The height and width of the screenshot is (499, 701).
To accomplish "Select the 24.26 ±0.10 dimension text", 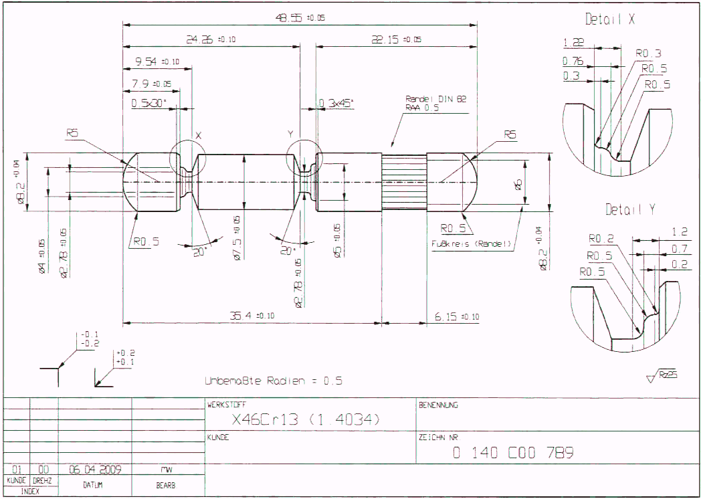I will tap(210, 40).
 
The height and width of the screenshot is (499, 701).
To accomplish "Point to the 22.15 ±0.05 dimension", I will tap(396, 40).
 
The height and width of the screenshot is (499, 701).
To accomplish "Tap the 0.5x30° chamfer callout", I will tap(148, 103).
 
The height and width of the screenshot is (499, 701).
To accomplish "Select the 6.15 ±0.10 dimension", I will tap(456, 316).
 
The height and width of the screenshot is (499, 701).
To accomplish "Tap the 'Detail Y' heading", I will tap(630, 209).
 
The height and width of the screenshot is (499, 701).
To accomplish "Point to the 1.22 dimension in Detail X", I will tap(573, 43).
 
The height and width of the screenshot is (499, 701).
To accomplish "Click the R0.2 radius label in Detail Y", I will tap(601, 238).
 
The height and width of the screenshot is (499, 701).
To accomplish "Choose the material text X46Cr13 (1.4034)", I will tap(306, 420).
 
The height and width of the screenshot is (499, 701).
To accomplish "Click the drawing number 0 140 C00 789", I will tap(513, 453).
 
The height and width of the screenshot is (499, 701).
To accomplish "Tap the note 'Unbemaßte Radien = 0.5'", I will tap(274, 381).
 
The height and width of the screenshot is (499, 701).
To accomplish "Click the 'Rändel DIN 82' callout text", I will tap(435, 98).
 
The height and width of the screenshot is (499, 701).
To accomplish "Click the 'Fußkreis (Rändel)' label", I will tap(472, 243).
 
